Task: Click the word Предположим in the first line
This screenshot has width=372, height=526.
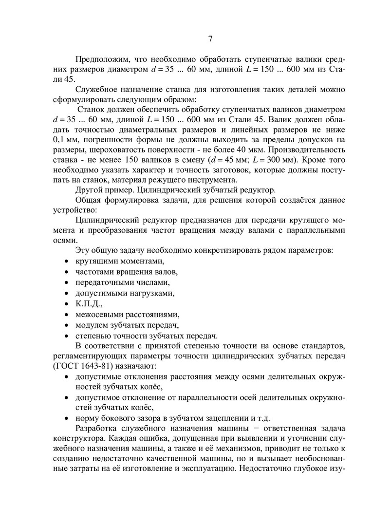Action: [102, 59]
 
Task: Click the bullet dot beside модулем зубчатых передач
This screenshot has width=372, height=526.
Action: [66, 325]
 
